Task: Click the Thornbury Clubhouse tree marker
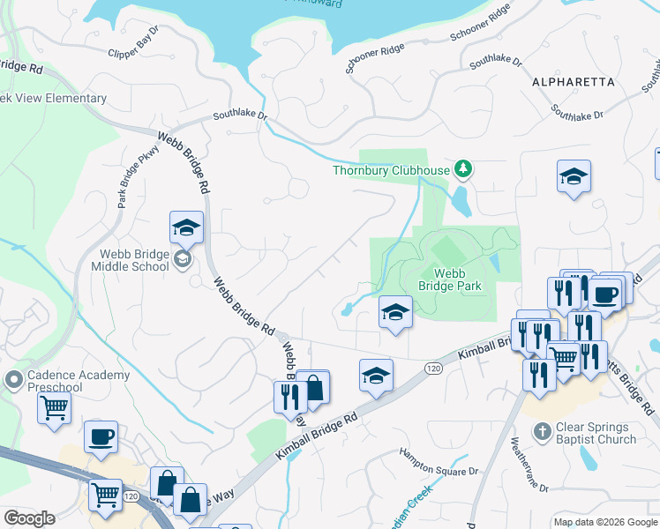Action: (461, 169)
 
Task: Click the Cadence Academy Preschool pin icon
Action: (13, 381)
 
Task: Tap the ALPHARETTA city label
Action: (574, 81)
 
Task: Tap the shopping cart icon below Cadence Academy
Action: (55, 408)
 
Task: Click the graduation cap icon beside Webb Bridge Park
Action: (395, 311)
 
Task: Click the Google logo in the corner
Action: (30, 518)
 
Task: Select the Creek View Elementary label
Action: (53, 98)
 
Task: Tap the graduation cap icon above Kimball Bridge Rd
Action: (376, 375)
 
